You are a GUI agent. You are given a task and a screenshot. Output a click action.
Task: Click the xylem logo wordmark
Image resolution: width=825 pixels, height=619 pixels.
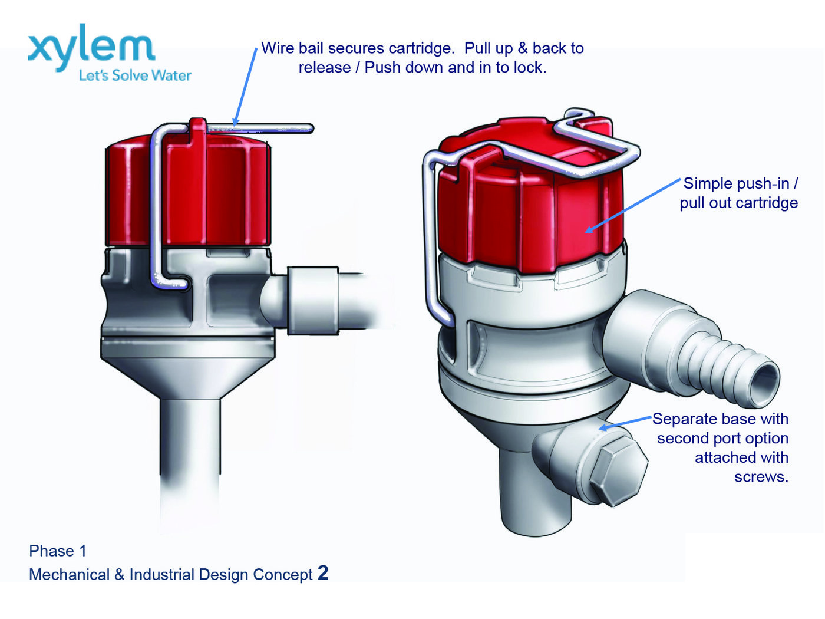click(91, 47)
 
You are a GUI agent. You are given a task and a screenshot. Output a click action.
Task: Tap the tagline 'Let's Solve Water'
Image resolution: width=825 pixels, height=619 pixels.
click(135, 75)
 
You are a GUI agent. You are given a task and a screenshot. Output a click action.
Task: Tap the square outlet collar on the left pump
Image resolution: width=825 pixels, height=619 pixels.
click(312, 301)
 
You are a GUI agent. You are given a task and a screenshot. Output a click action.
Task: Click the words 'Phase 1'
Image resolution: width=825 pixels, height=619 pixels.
click(58, 551)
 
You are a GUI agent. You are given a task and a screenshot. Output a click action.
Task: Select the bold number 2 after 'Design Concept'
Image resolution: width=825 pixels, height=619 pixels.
click(323, 573)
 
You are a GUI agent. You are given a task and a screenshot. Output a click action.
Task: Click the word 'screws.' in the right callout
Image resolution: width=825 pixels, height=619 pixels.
click(761, 477)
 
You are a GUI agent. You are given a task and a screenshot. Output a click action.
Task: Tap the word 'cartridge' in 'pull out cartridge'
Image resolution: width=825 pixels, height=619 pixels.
click(766, 203)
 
